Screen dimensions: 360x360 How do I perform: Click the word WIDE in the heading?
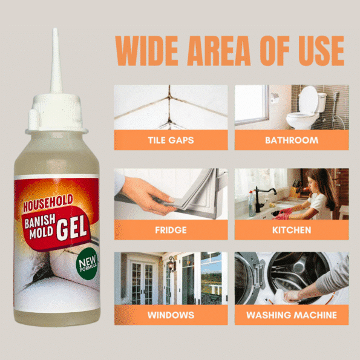tap(147, 51)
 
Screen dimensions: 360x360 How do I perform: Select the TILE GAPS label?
tap(171, 140)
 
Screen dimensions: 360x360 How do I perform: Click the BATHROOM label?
tap(292, 140)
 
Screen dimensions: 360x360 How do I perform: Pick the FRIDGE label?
tap(171, 230)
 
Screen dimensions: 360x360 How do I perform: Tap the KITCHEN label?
tap(292, 230)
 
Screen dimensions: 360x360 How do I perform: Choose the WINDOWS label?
tap(171, 315)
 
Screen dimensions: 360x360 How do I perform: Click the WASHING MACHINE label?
tap(292, 315)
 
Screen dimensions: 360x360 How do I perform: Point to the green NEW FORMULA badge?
tap(87, 263)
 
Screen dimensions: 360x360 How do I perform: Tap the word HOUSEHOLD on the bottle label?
tap(48, 203)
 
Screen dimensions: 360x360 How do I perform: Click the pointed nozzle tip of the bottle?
tap(55, 28)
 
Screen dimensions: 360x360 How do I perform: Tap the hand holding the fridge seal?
tap(147, 195)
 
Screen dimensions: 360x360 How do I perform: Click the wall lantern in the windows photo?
tap(172, 264)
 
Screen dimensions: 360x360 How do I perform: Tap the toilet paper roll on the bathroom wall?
tap(275, 98)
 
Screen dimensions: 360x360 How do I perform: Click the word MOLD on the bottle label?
tap(41, 233)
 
